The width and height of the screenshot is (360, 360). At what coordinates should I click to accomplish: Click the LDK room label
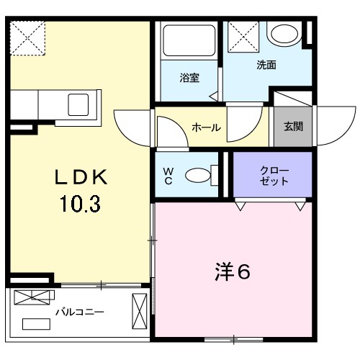[81, 177]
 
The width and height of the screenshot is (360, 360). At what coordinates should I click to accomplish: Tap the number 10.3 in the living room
[81, 204]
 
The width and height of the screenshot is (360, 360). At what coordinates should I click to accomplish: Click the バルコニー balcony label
[80, 312]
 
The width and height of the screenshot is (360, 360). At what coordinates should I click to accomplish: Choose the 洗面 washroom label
[266, 66]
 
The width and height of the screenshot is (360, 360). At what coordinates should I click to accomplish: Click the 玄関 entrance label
[293, 127]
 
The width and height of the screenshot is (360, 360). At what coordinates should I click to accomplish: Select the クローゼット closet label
[274, 176]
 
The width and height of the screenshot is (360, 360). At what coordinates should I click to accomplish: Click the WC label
[168, 175]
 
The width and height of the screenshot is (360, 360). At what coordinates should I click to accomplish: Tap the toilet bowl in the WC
[197, 175]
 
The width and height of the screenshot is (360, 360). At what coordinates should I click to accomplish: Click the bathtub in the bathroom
[186, 42]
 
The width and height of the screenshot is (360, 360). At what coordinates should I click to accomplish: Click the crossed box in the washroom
[242, 35]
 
